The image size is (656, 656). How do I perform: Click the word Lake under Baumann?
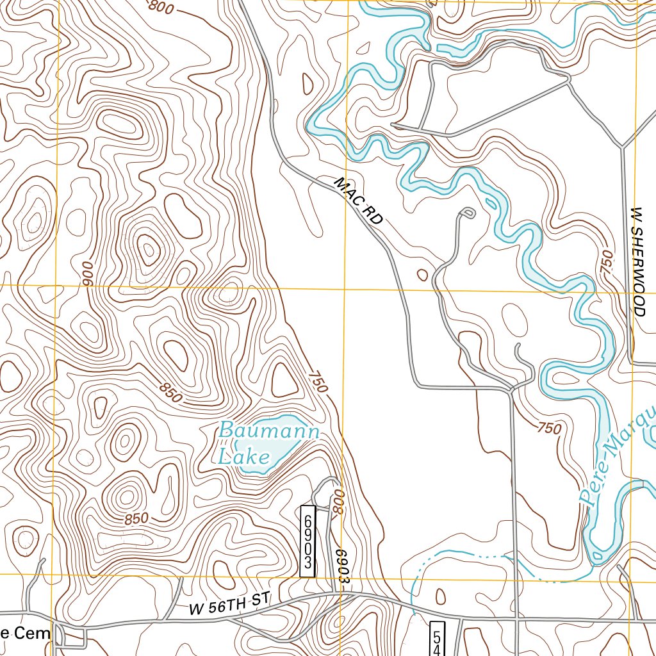point(243,457)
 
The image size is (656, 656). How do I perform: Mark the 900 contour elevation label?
point(88,274)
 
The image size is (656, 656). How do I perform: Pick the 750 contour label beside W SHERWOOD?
point(606,263)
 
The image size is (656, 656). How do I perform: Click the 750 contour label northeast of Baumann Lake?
point(318,381)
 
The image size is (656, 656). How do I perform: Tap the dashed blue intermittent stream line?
point(448,552)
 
